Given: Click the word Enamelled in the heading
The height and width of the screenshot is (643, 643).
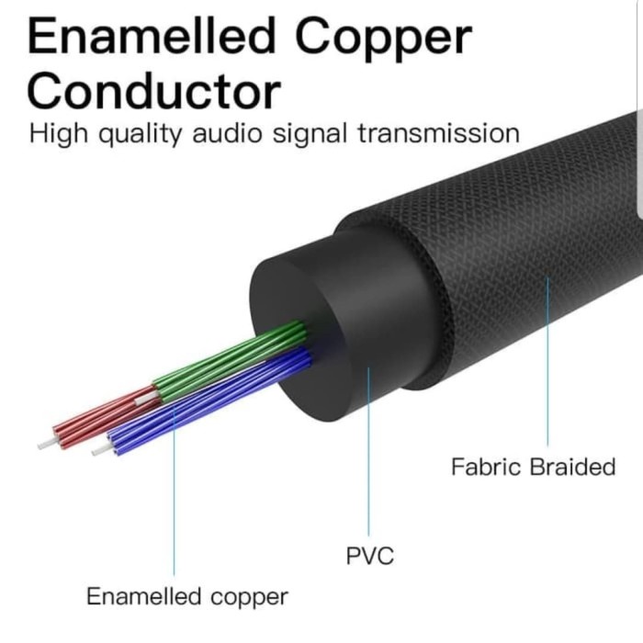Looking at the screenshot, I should pos(152,39).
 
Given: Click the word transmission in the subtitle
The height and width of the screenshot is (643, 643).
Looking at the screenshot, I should pos(438,134).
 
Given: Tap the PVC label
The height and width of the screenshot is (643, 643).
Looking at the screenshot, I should pos(369,556).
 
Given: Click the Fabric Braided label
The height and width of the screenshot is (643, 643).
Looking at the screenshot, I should pos(533,467).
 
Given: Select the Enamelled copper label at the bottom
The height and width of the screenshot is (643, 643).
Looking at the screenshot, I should pos(187,596).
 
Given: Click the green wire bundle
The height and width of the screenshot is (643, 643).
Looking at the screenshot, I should pos(230,358).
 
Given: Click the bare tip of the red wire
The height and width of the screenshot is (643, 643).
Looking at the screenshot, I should pos(43,445).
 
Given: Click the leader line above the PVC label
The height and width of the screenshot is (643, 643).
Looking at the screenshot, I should pos(369,459).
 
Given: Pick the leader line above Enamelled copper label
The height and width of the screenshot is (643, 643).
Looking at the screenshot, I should pos(175,505).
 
